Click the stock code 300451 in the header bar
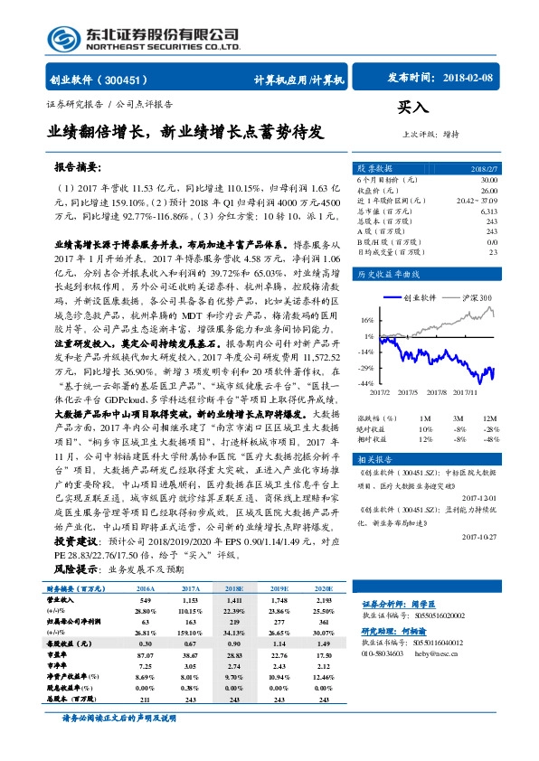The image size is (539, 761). pyautogui.click(x=130, y=79)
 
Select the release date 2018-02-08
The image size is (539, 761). pyautogui.click(x=468, y=79)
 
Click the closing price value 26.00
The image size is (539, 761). pyautogui.click(x=489, y=191)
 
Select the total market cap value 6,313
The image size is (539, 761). pyautogui.click(x=488, y=211)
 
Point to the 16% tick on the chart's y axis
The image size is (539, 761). pyautogui.click(x=365, y=319)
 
